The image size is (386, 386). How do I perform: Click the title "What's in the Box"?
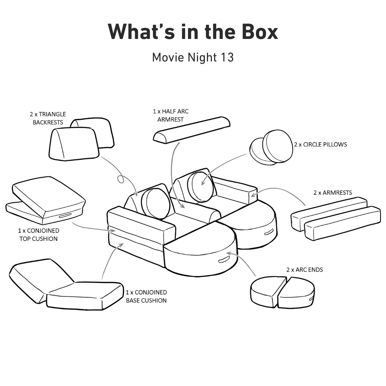click(x=193, y=32)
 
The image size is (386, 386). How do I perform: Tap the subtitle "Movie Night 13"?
click(x=193, y=57)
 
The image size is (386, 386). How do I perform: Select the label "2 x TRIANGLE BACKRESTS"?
click(x=48, y=118)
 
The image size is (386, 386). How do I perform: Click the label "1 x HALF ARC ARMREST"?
click(x=170, y=115)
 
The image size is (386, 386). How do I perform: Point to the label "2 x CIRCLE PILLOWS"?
click(x=320, y=145)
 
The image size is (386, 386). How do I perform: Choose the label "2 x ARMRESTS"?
click(x=332, y=193)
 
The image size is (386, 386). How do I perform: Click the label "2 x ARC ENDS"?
click(x=304, y=269)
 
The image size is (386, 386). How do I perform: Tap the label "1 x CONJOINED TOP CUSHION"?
click(x=39, y=235)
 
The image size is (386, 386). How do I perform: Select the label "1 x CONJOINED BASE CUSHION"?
click(x=146, y=296)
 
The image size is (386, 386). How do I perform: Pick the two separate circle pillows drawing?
click(x=271, y=147)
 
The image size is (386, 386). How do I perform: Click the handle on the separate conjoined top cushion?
click(x=65, y=215)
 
